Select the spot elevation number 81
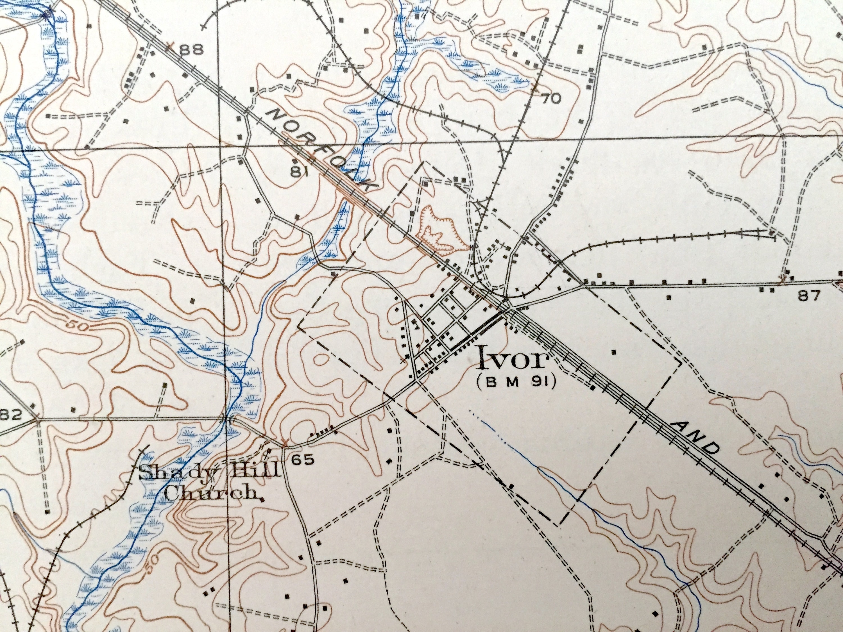[x=299, y=172]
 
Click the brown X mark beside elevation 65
[x=285, y=443]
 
